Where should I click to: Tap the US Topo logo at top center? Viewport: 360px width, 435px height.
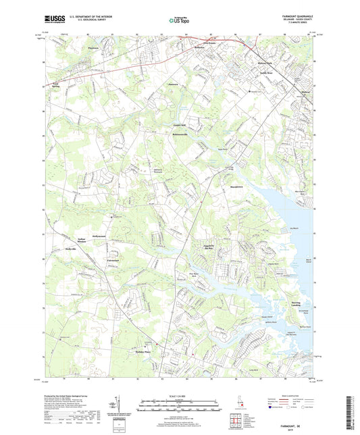point(179,20)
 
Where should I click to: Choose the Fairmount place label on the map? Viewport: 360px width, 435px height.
point(111,260)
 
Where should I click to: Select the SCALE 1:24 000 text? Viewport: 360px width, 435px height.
point(179,395)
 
